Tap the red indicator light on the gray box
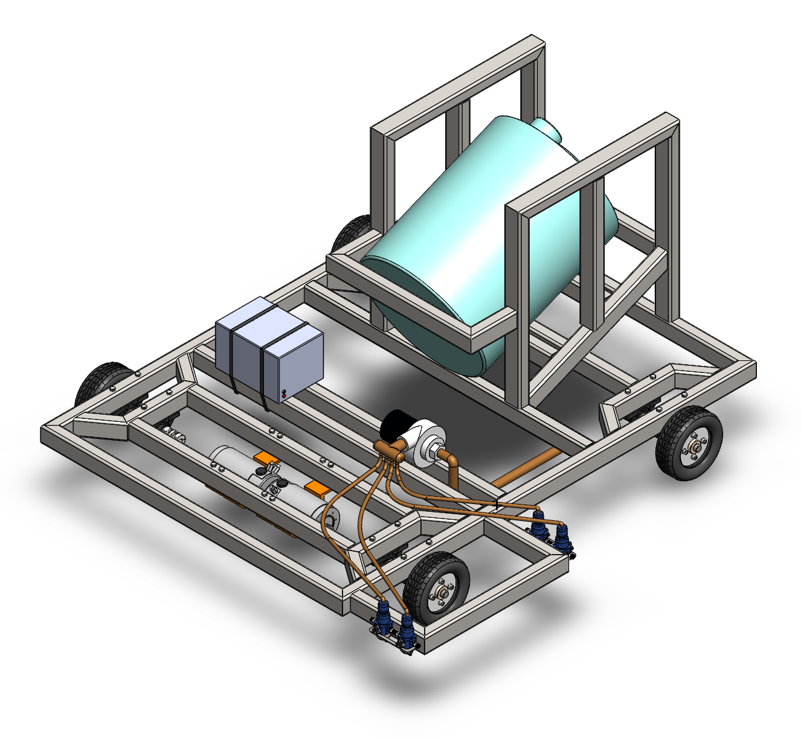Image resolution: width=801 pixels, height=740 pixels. click(x=282, y=394)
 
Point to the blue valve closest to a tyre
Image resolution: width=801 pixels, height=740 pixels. click(x=406, y=631)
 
